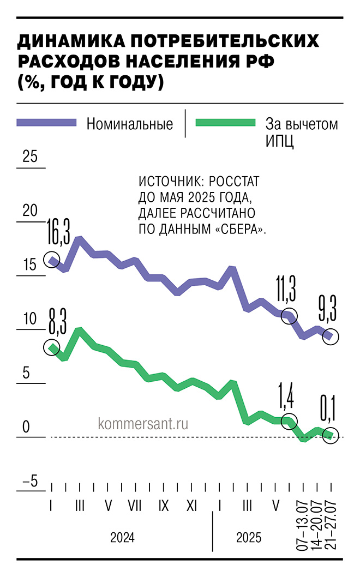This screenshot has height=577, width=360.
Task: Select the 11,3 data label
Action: pos(285,287)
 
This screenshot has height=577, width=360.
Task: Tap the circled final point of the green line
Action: pos(329,435)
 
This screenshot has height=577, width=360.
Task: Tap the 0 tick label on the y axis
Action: pos(26,427)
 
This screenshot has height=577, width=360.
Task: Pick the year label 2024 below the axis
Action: pos(122,538)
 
